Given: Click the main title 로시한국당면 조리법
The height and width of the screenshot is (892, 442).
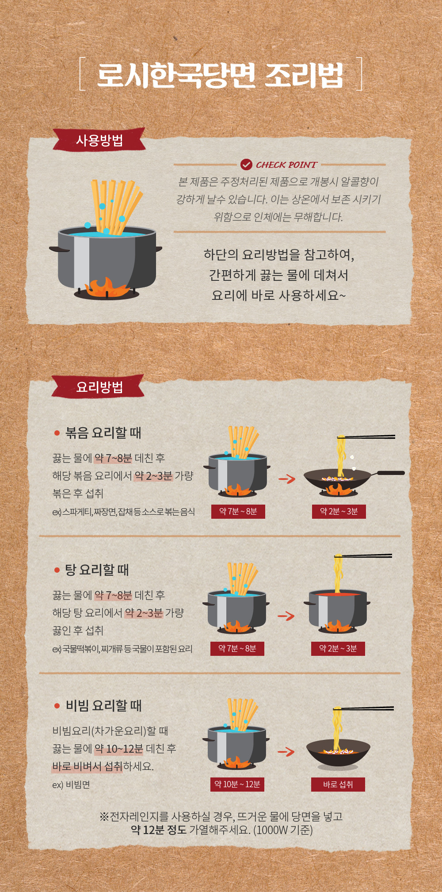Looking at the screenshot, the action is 220,75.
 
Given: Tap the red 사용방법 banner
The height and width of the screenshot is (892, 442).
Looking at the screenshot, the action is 99,140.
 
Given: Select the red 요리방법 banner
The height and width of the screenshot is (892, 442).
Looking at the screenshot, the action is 98,387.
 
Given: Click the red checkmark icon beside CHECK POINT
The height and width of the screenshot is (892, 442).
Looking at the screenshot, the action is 246,165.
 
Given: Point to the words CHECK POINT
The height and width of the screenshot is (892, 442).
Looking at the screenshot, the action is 286,165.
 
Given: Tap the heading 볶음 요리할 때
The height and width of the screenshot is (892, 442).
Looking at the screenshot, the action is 103,433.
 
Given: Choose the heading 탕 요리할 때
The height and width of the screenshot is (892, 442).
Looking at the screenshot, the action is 97,570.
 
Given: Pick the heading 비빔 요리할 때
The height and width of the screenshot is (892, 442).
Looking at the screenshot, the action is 103,705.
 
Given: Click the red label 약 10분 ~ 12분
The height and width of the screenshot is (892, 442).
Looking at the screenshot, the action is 237,784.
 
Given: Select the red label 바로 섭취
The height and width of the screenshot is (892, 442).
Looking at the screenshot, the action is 338,784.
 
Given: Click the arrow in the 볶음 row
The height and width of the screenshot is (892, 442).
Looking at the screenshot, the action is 287,479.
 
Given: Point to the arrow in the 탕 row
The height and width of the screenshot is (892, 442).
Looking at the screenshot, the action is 286,616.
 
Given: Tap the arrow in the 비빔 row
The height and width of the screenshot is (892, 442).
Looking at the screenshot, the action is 286,751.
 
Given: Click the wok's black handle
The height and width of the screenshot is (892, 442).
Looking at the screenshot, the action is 391,473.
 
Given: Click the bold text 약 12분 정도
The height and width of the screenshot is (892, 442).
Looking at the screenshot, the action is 159,830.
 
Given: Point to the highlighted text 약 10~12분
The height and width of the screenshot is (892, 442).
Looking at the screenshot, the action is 119,748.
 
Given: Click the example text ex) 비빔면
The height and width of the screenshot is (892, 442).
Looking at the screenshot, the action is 71,785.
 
